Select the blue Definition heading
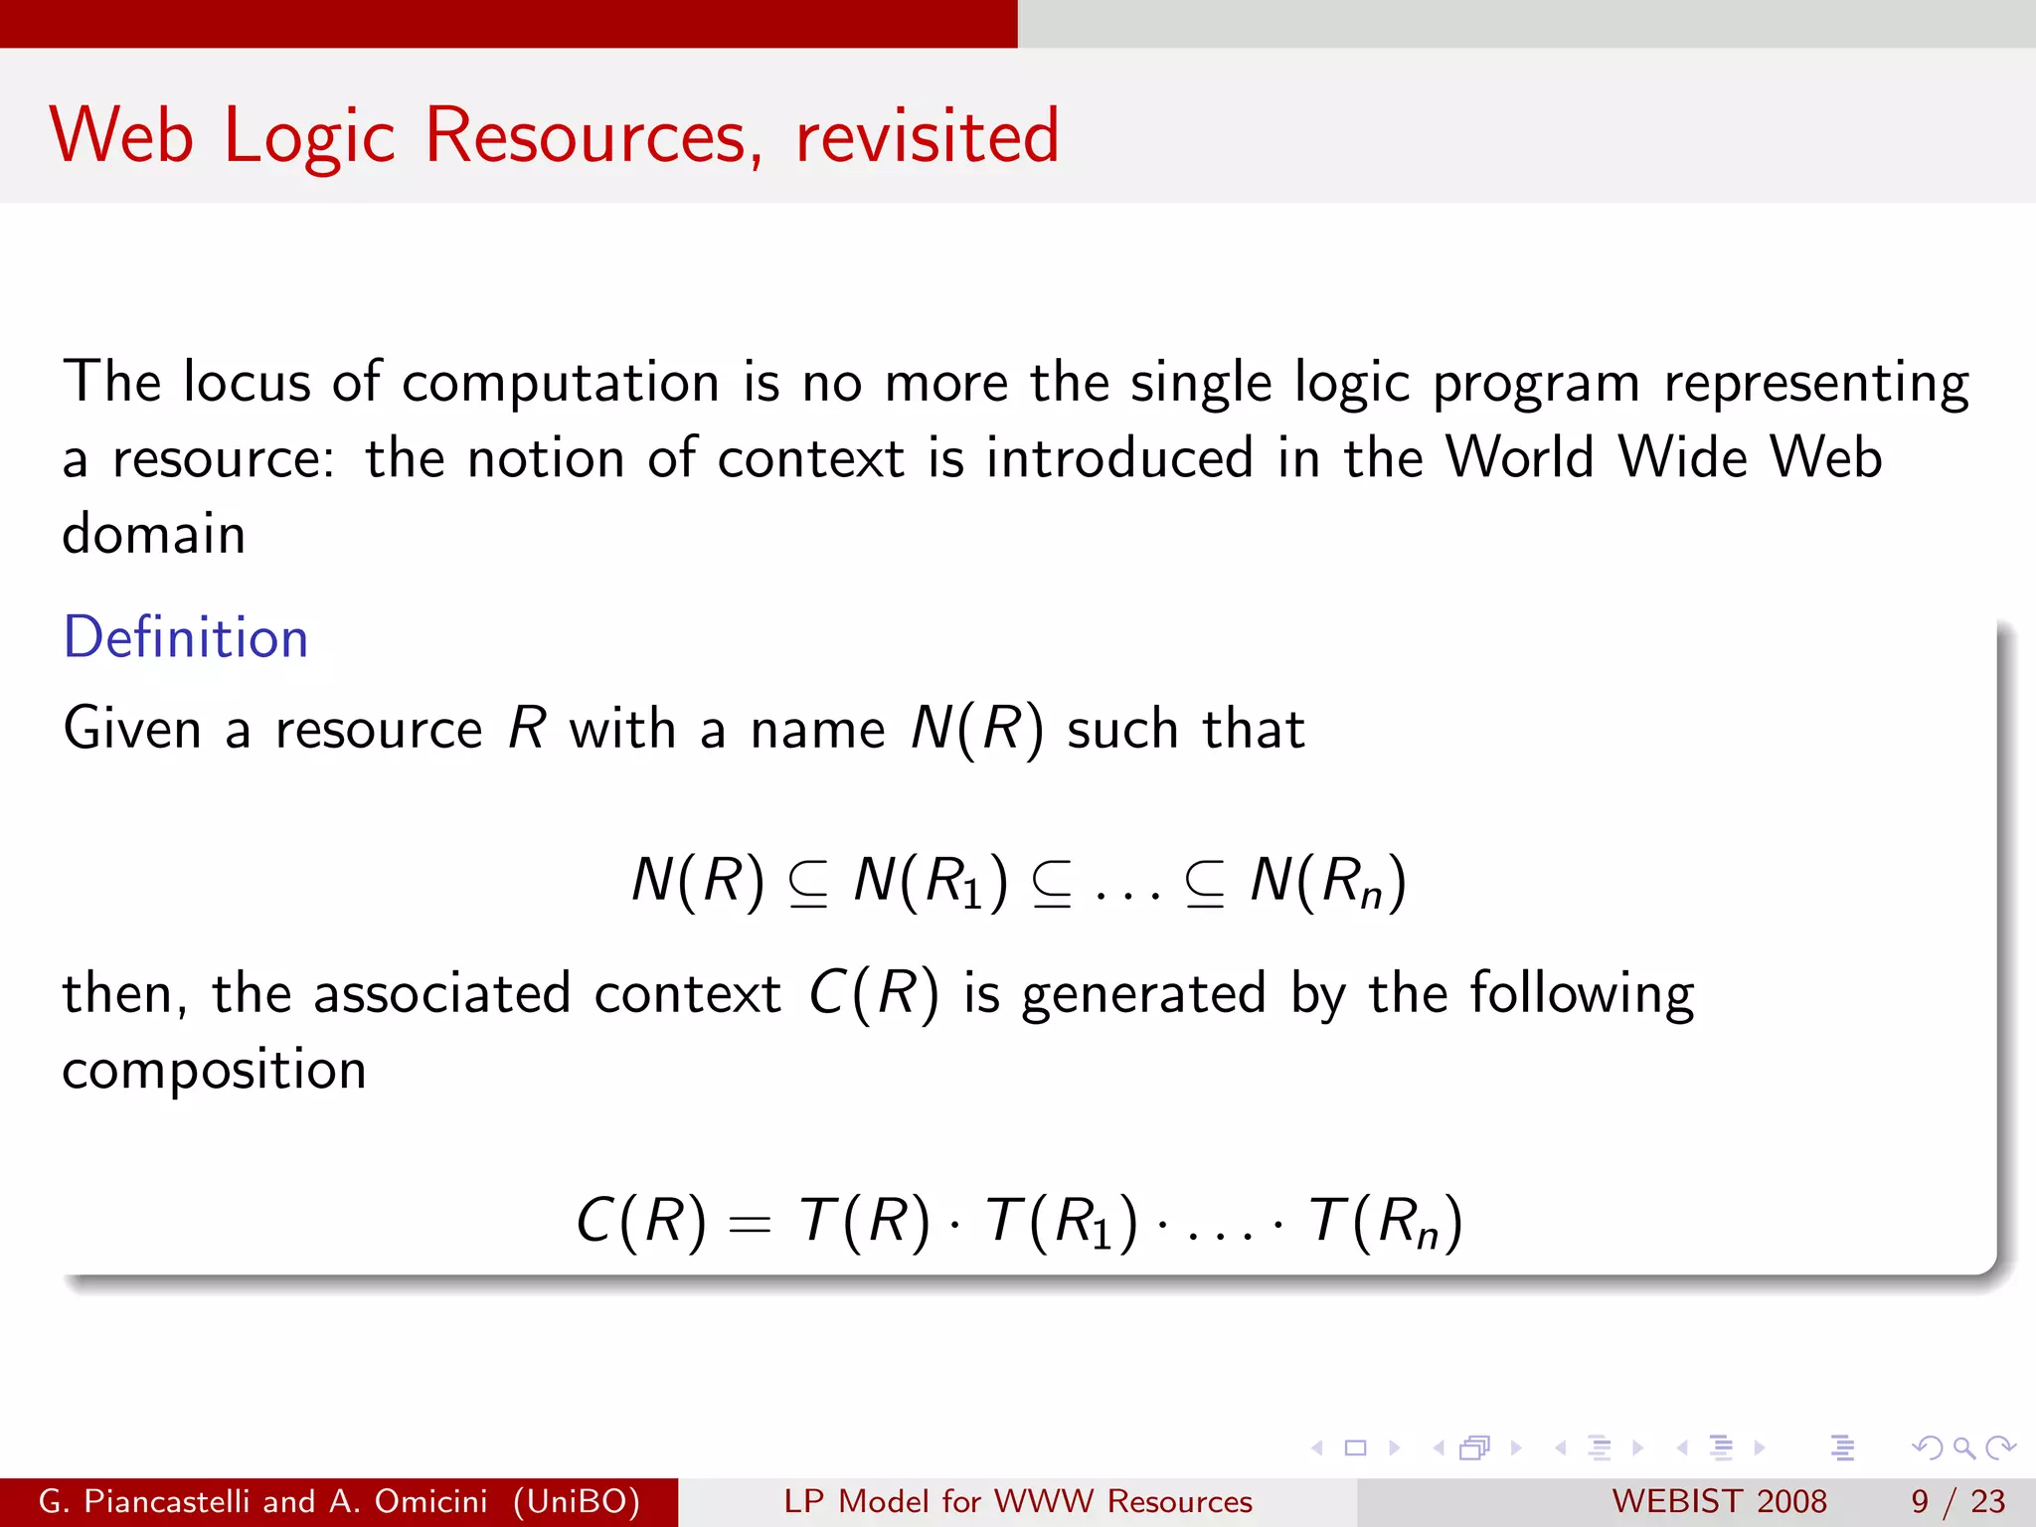[186, 637]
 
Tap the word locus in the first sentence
[247, 382]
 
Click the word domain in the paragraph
[154, 534]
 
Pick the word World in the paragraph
[1519, 458]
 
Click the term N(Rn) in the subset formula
[1328, 881]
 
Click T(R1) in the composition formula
[1061, 1221]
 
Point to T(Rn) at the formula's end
[1386, 1221]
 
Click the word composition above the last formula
[215, 1071]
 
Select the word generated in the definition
[1143, 995]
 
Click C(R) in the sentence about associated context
[873, 993]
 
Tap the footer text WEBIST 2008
[1719, 1501]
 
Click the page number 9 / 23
[1957, 1501]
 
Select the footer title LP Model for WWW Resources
[1018, 1501]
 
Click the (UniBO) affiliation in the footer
[577, 1501]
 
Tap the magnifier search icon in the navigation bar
[1963, 1447]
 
